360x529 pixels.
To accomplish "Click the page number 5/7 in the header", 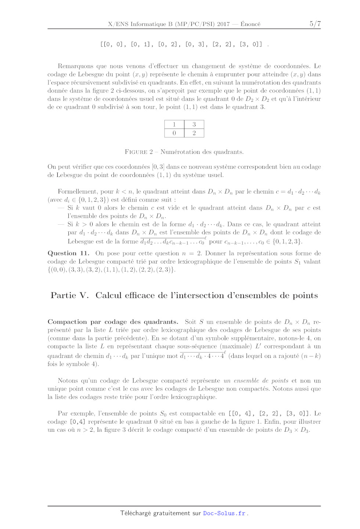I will (315, 24).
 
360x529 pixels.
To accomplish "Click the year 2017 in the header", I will (223, 24).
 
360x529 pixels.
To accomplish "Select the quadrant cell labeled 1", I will (174, 124).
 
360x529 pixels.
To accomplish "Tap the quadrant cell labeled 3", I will (194, 124).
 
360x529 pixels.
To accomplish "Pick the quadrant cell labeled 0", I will (174, 133).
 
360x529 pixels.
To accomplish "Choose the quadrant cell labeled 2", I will (194, 133).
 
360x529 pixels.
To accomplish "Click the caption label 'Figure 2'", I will (139, 152).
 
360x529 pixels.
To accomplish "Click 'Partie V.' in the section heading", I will (70, 296).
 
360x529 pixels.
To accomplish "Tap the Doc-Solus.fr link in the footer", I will (224, 513).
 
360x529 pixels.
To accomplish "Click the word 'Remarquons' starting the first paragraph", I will (75, 66).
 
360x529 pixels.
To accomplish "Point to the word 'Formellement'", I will (78, 192).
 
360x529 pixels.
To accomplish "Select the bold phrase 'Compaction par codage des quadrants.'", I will (113, 322).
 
